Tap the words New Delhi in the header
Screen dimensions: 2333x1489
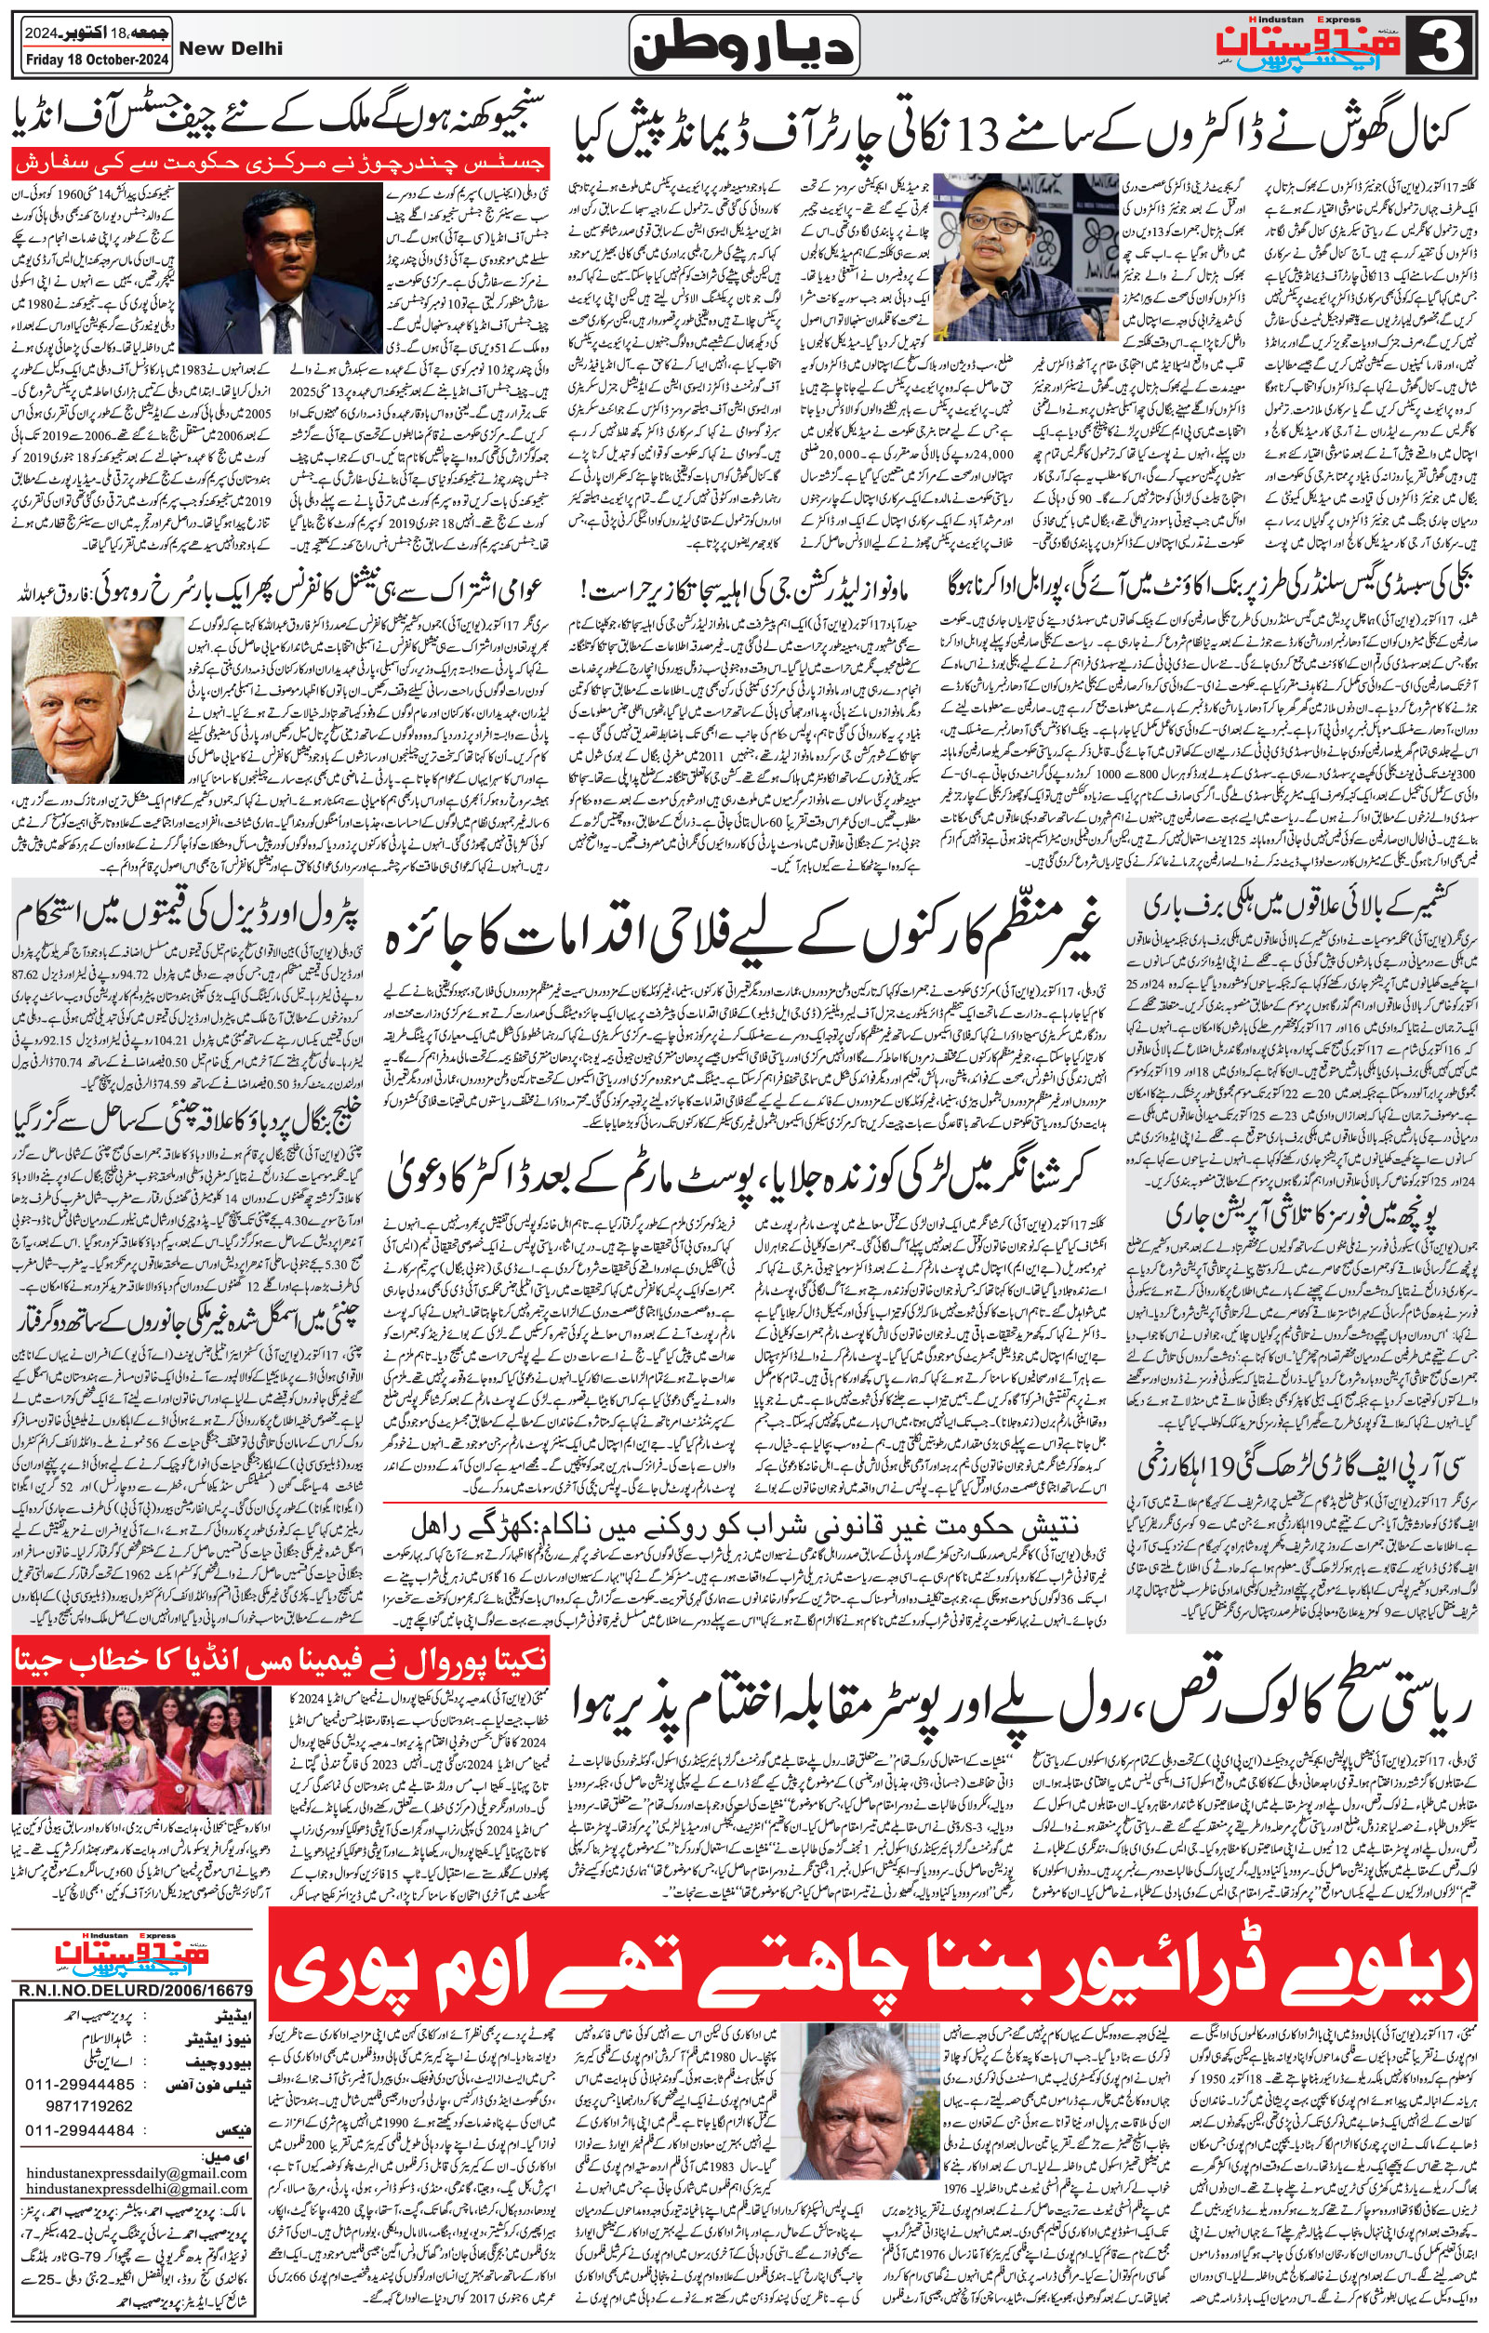pos(246,48)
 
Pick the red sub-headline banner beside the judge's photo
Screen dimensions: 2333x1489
pos(281,160)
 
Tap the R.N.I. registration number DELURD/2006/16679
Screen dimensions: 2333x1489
pos(134,1989)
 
